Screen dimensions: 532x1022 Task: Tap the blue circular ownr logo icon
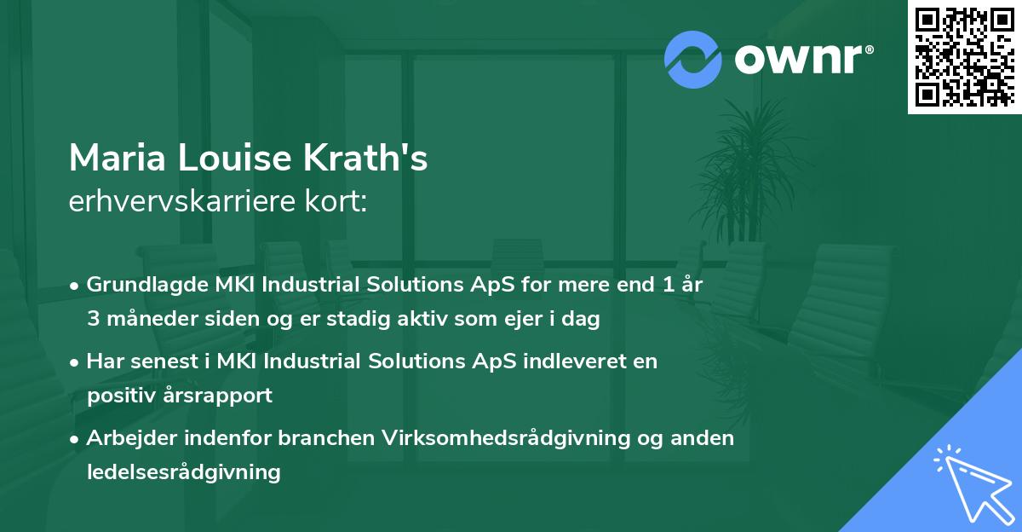click(693, 59)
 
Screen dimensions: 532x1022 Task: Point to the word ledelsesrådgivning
click(183, 471)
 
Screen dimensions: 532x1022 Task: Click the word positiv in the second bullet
click(117, 396)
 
